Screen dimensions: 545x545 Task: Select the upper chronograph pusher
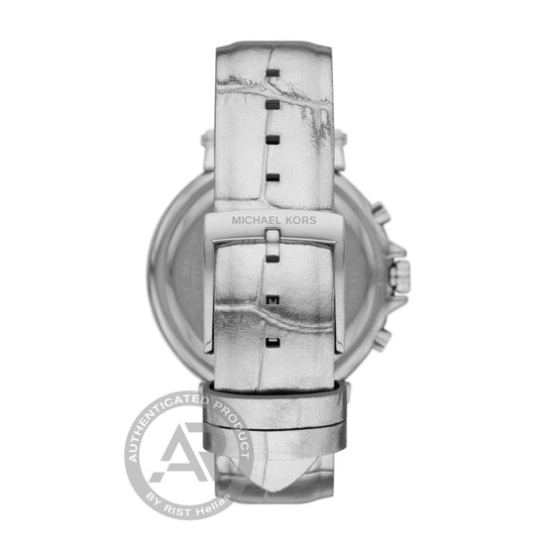click(x=381, y=213)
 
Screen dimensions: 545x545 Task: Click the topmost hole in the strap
click(x=272, y=72)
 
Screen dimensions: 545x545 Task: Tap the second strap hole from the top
click(x=272, y=105)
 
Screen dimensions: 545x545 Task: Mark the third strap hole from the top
click(x=272, y=140)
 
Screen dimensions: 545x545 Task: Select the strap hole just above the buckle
click(x=272, y=178)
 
